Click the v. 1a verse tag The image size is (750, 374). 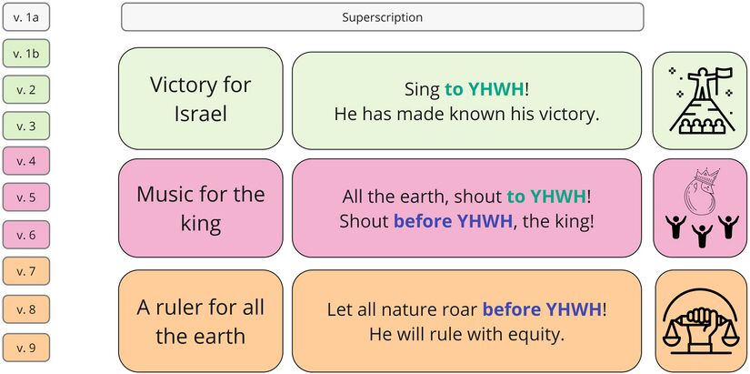[25, 16]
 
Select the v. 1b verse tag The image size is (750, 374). [25, 53]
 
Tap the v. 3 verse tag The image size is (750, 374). [25, 126]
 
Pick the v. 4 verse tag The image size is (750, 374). [25, 161]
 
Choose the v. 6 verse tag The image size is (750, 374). [25, 235]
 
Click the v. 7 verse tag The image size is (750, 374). [25, 271]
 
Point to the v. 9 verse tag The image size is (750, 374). [25, 348]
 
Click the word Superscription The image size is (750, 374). [382, 17]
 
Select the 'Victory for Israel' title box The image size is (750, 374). [200, 98]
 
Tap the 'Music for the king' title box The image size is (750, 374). [200, 208]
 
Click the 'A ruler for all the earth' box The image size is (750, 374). [200, 321]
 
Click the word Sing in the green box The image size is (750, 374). [422, 89]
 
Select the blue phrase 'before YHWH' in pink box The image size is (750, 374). [453, 221]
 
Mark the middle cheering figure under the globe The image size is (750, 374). [702, 236]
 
